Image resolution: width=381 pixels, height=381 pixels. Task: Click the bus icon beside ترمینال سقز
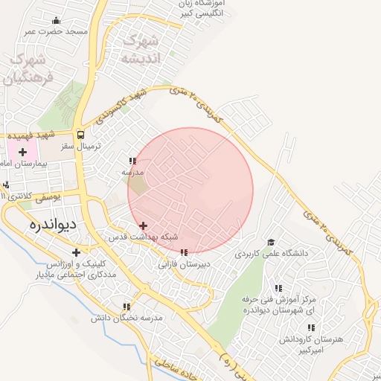(x=80, y=135)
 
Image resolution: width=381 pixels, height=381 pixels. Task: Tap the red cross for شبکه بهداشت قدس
(x=143, y=225)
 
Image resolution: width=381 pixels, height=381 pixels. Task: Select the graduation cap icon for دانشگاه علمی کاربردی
(x=272, y=243)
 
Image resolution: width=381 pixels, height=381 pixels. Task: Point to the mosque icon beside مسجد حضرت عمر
(x=56, y=21)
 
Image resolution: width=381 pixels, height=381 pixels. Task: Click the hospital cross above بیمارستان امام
(x=22, y=152)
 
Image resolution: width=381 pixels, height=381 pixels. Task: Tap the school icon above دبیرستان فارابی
(x=184, y=253)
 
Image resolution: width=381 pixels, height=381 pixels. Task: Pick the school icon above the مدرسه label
(x=132, y=161)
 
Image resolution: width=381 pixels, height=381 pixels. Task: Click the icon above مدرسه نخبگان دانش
(x=127, y=306)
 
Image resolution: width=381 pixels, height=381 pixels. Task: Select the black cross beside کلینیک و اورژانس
(x=76, y=253)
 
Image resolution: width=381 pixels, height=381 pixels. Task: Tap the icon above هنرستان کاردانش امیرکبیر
(x=310, y=327)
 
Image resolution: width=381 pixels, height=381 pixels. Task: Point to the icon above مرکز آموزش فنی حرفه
(x=278, y=288)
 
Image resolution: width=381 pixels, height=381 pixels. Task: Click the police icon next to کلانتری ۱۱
(x=7, y=185)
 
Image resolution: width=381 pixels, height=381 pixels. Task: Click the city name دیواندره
(x=54, y=223)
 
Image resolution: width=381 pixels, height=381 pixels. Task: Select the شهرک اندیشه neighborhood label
(x=141, y=48)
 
